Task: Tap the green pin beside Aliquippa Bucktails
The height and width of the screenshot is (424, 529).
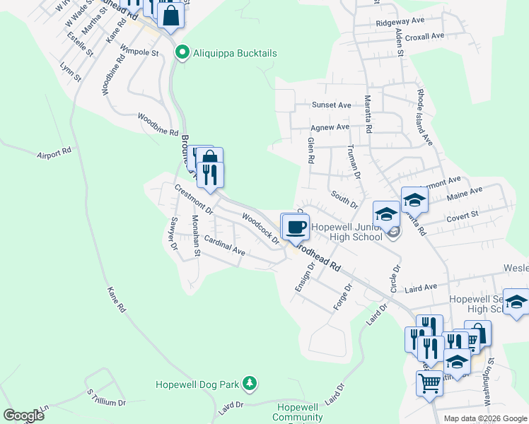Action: (x=182, y=53)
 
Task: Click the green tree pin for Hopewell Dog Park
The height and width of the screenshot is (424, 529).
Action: (x=249, y=384)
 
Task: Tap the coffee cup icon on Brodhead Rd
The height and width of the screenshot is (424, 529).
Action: (x=295, y=228)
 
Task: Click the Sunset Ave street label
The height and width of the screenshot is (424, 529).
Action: (x=332, y=105)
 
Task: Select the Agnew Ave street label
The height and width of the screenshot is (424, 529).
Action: (x=330, y=127)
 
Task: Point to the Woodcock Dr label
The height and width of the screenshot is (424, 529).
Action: (x=260, y=228)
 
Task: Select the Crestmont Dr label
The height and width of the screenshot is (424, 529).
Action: (x=194, y=198)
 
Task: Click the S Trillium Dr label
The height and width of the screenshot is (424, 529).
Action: (x=106, y=396)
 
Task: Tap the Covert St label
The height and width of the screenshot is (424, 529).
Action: (x=463, y=216)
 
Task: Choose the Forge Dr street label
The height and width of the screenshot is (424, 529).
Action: (x=343, y=298)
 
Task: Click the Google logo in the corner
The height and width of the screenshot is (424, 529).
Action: (x=23, y=416)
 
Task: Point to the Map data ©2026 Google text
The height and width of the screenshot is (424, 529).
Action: (x=484, y=418)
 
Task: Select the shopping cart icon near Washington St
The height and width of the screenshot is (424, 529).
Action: (x=429, y=384)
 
